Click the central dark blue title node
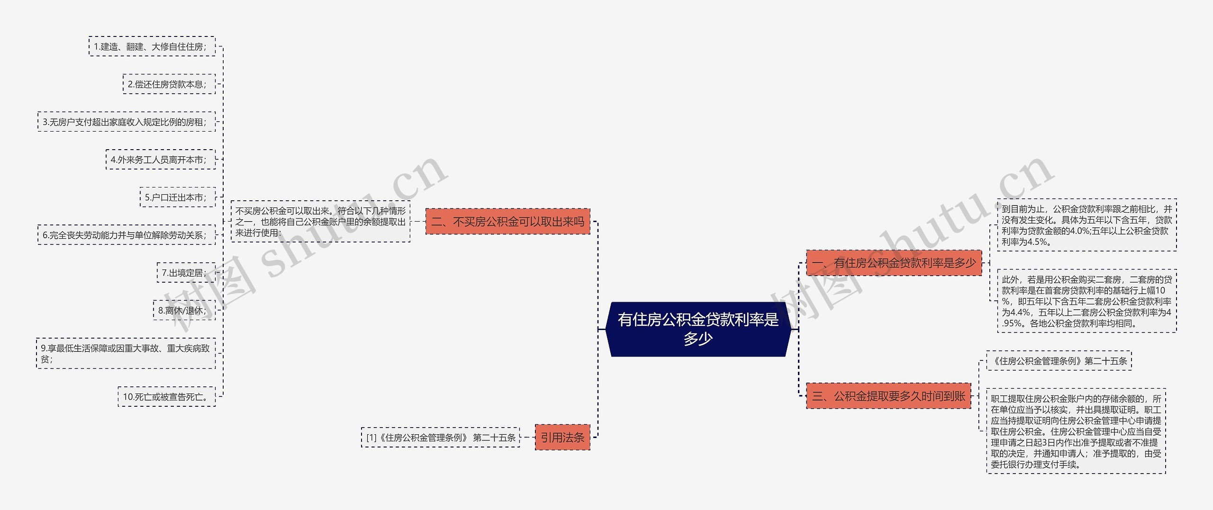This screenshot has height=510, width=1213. point(698,329)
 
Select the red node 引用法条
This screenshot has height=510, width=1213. point(562,437)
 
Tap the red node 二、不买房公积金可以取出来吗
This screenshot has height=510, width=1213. point(507,222)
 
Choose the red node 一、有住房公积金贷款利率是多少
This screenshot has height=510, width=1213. point(894,263)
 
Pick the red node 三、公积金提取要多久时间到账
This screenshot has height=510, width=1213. point(888,396)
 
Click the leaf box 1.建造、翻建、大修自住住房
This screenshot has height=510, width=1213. point(152,46)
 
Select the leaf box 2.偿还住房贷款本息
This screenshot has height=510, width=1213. point(169,84)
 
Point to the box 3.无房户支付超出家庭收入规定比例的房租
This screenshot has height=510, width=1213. point(126,122)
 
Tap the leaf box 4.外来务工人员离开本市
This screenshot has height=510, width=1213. point(160,160)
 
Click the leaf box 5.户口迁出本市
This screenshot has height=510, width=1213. point(177,197)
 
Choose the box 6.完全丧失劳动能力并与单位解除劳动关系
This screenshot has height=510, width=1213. point(126,235)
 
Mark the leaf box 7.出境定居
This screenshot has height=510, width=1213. point(186,273)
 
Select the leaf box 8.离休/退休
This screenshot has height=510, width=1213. point(184,311)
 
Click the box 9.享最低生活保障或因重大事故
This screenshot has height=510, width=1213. point(126,353)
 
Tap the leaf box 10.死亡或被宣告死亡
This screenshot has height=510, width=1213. point(166,397)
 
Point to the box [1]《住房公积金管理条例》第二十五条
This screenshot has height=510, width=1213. point(440,438)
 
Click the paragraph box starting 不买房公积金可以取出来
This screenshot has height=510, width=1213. point(320,222)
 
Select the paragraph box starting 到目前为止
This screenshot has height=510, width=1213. point(1086,225)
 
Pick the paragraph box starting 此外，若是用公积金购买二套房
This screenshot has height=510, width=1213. point(1086,301)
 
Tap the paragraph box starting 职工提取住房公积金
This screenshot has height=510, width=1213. point(1076,431)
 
